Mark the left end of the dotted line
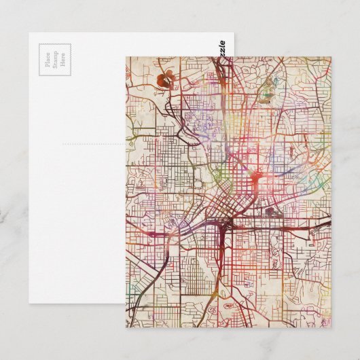point(63,144)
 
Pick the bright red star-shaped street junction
point(255,178)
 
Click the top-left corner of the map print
point(126,57)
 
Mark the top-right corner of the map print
point(331,57)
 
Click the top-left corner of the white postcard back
point(29,33)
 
